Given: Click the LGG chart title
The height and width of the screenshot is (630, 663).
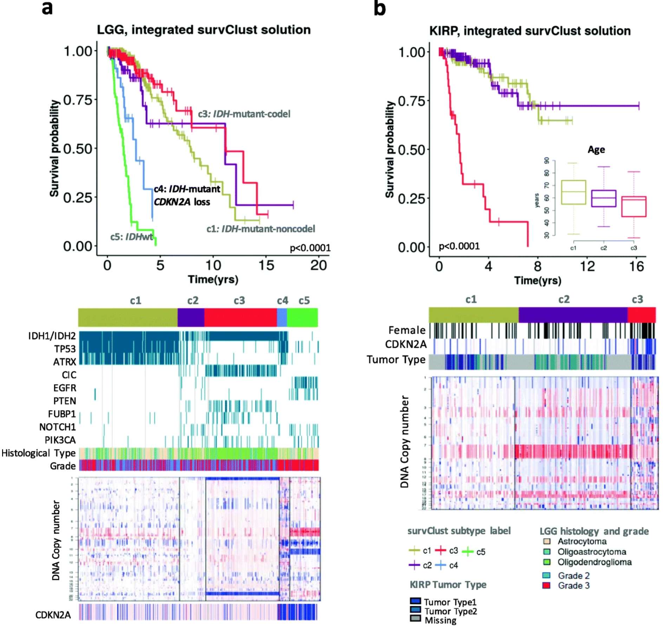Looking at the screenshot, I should coord(203,30).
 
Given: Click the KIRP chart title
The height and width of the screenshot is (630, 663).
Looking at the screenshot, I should coord(529,31).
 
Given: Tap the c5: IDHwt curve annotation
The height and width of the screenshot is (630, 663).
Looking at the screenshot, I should coord(131,237).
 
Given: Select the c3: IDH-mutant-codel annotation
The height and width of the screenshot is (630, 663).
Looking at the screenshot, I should coord(244,114).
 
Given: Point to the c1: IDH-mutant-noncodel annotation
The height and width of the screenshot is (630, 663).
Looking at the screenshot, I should coord(260,229).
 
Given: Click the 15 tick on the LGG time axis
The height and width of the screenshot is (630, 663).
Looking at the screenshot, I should coord(266,265).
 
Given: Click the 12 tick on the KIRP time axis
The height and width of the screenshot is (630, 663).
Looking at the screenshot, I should coord(587,267).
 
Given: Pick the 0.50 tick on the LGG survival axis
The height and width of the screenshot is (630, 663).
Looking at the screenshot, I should coord(78,149).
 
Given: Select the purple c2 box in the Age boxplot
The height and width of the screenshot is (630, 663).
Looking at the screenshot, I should coord(603,198).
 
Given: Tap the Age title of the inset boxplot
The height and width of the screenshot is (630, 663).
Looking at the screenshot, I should coord(596,150).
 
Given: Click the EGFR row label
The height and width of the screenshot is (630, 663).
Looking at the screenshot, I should coord(65,388).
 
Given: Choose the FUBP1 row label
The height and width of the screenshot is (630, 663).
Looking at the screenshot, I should coord(62,414).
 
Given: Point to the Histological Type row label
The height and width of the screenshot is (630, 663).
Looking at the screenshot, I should coord(39,453).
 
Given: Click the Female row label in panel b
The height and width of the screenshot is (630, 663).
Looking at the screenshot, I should coord(407,330).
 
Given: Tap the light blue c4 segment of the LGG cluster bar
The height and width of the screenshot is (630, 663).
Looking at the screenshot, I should coord(282,317).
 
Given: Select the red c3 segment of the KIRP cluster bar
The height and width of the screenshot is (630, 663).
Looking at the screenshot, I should coord(641,315).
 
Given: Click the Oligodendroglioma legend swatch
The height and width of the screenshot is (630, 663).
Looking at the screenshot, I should coord(546,562).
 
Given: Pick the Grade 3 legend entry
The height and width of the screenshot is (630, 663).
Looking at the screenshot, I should coord(573,585).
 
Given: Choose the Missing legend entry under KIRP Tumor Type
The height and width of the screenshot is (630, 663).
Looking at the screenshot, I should coord(440,620).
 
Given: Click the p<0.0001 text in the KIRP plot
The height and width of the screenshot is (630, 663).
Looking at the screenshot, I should coord(459,246).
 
